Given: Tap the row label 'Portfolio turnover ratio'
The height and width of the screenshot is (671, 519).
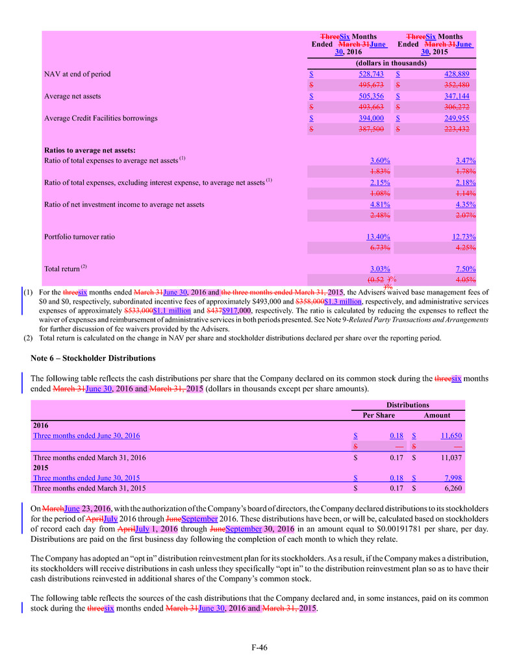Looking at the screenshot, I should pos(79,237).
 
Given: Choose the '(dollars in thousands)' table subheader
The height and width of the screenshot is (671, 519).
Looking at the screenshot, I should pos(392,63).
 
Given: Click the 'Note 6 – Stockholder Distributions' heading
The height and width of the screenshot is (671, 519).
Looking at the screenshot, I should pos(93,358).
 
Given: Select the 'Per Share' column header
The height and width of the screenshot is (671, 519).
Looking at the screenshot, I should pos(373,415).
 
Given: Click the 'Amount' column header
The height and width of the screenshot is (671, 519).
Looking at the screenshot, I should pos(437,415).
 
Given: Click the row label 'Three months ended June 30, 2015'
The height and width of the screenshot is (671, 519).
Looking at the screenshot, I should pos(86,478).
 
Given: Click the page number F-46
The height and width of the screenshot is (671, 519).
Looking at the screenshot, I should pos(259,647).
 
